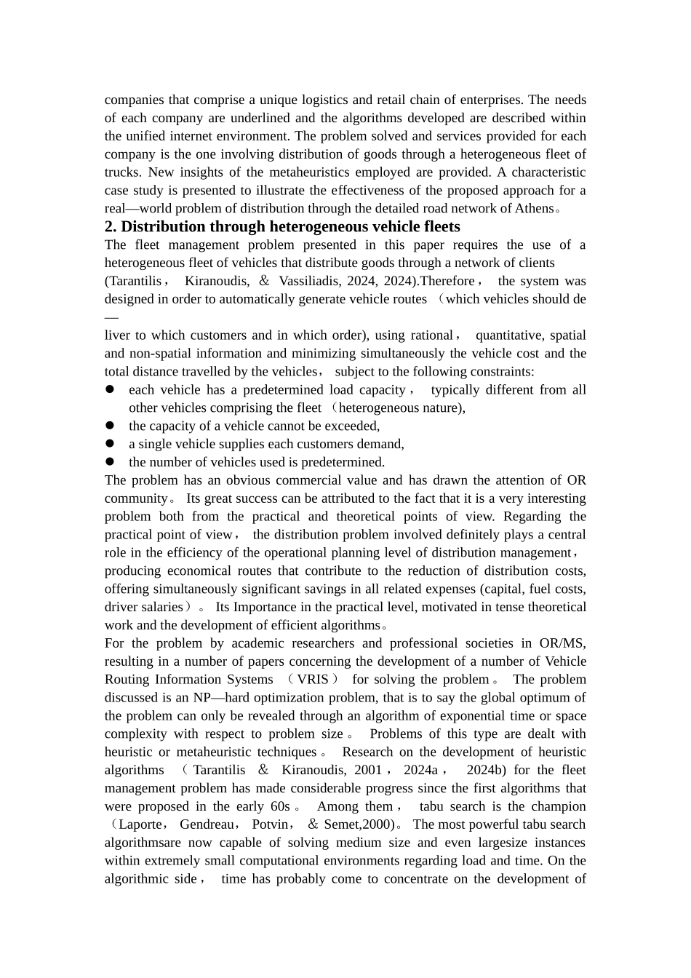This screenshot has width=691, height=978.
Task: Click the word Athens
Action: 535,209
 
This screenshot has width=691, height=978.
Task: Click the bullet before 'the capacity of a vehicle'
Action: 110,426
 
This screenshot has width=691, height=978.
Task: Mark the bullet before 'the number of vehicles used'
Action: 110,462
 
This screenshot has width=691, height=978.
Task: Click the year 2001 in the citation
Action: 368,771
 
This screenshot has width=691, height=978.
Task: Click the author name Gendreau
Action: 207,824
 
